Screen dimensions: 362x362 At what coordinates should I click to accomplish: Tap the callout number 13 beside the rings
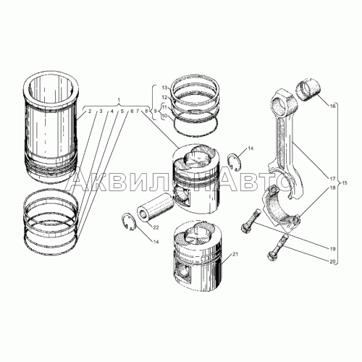click(x=164, y=88)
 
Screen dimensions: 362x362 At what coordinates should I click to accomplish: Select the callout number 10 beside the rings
click(x=164, y=116)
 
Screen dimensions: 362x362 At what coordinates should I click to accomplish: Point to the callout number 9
click(x=154, y=111)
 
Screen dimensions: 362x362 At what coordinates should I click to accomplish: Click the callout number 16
click(x=333, y=106)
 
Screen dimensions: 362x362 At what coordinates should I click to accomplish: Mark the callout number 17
click(x=333, y=177)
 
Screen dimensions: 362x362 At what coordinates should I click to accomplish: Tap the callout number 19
click(x=333, y=248)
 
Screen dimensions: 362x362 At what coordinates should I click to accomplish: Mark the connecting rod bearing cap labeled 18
click(x=283, y=210)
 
